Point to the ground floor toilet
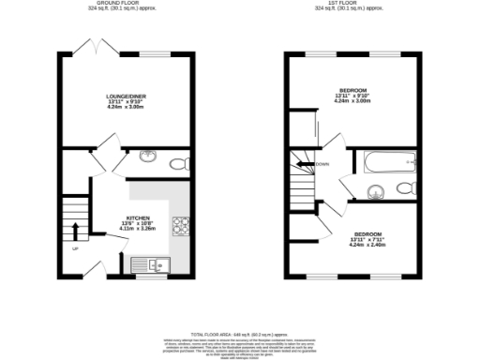click(179, 163)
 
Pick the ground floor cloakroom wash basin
click(147, 157)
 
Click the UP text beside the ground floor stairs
click(73, 248)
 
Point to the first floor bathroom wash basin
click(375, 192)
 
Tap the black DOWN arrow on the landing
click(304, 164)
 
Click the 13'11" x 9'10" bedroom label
click(353, 96)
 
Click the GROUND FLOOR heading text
click(128, 3)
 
